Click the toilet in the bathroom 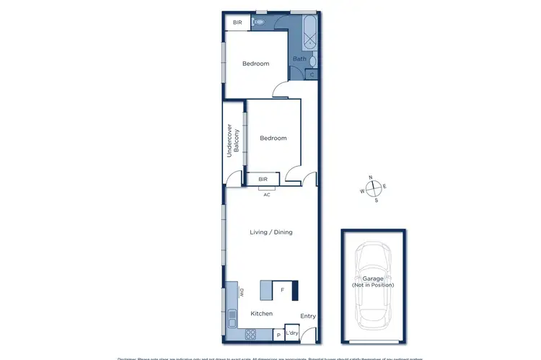tap(258, 22)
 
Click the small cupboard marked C tap(312, 74)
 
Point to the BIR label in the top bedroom tap(237, 23)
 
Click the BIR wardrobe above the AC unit tap(263, 178)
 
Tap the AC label tap(266, 194)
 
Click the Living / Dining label tap(270, 232)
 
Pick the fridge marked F tap(283, 290)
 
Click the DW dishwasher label tap(243, 292)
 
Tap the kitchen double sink tap(232, 317)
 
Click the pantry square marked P tap(278, 335)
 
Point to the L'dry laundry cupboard tap(292, 333)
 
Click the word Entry tap(308, 316)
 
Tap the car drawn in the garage tap(373, 284)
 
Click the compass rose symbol tap(374, 188)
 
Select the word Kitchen tap(261, 314)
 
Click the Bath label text tap(299, 58)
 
